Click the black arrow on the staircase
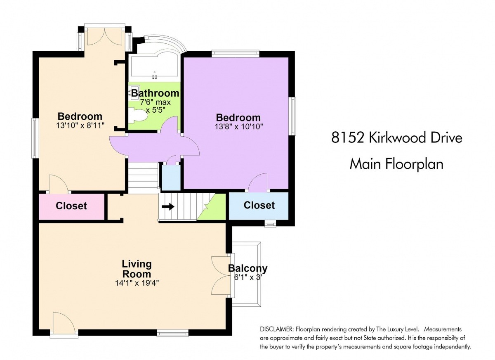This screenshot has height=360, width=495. click(x=168, y=207)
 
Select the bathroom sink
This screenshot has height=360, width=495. click(x=134, y=93)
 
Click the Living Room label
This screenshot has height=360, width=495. click(x=137, y=269)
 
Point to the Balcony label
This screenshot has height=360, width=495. click(x=248, y=268)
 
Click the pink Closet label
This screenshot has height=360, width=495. click(x=71, y=206)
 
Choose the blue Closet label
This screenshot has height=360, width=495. click(x=259, y=205)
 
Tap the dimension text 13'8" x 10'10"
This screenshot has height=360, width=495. click(x=239, y=127)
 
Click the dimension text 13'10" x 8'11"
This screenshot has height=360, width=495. click(x=80, y=126)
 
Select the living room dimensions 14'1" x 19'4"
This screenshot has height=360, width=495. click(x=137, y=283)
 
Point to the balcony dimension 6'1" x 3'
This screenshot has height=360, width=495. click(x=248, y=277)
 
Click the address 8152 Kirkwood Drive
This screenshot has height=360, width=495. click(x=397, y=137)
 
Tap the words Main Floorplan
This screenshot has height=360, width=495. click(x=396, y=164)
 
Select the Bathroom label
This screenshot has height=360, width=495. click(x=156, y=93)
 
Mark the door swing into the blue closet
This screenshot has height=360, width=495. click(x=258, y=182)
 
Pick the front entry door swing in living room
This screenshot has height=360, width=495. click(x=64, y=322)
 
